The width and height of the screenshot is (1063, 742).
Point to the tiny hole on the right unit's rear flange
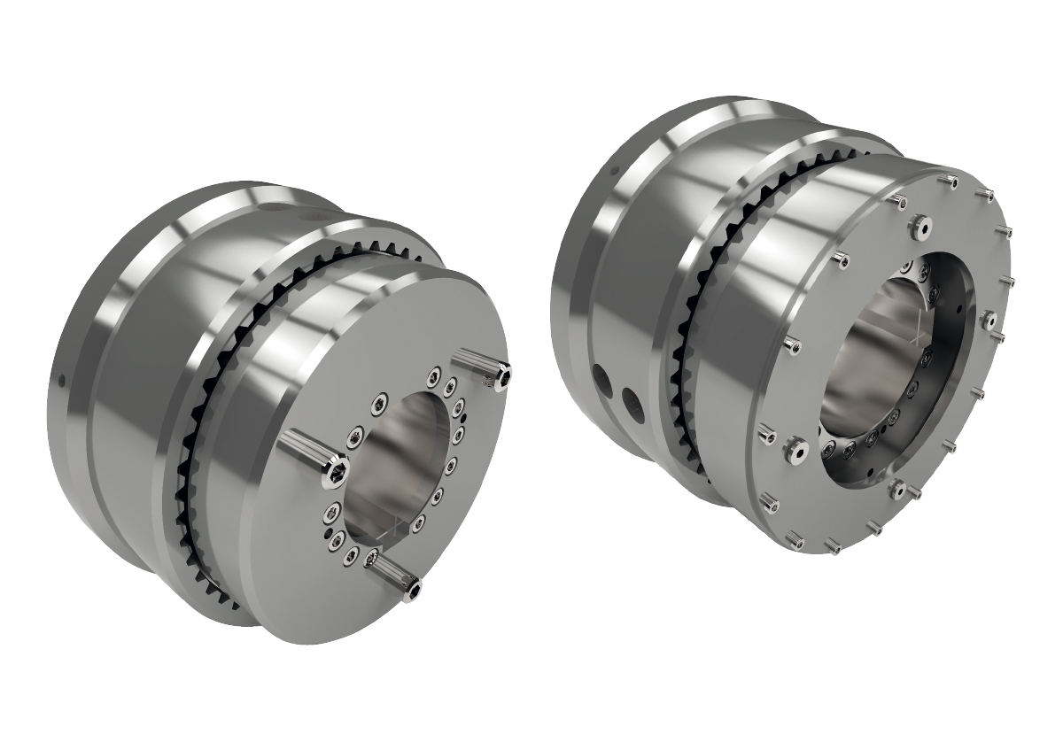[x=610, y=167]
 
